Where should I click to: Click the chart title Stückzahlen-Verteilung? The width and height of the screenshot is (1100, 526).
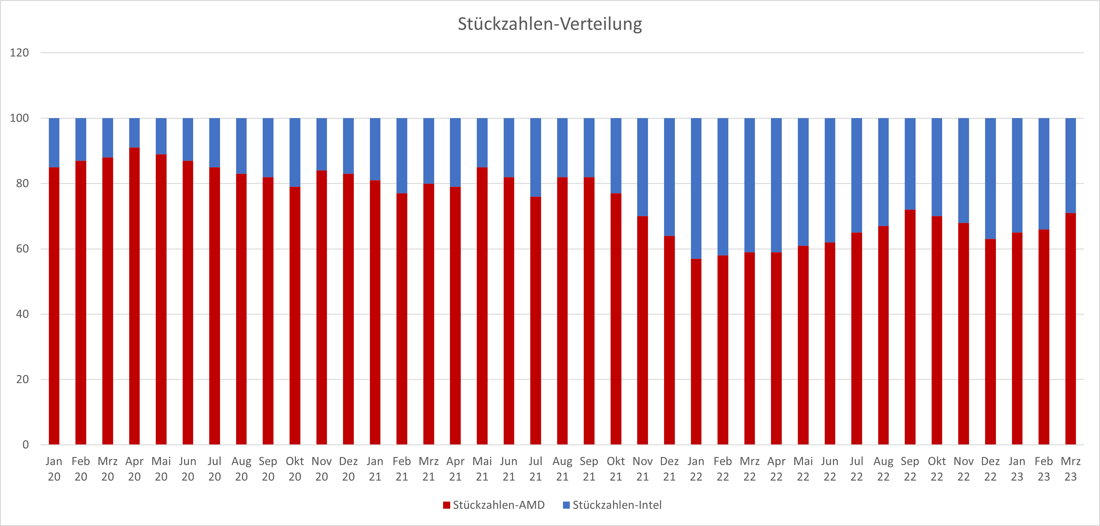coord(550,24)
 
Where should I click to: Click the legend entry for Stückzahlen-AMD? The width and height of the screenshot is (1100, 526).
coord(498,505)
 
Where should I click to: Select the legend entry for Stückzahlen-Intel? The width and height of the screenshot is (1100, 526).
coord(617,505)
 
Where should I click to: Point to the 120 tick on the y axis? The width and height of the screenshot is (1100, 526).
coord(19,53)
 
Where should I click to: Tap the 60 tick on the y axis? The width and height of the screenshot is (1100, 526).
coord(22,249)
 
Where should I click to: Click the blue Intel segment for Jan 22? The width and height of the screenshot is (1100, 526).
coord(696,188)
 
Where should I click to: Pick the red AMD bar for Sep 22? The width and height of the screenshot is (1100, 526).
coord(910,327)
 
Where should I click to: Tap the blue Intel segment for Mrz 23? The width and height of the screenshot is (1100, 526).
coord(1071,166)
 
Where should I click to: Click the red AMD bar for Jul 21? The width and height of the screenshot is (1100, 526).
coord(535,320)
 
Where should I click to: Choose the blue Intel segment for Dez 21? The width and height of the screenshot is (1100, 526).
coord(669,177)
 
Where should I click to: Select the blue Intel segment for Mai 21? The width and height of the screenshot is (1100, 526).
coord(482,142)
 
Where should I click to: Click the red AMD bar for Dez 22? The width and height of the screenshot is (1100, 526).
coord(990,341)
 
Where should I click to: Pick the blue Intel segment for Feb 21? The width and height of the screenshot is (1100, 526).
coord(402,156)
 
